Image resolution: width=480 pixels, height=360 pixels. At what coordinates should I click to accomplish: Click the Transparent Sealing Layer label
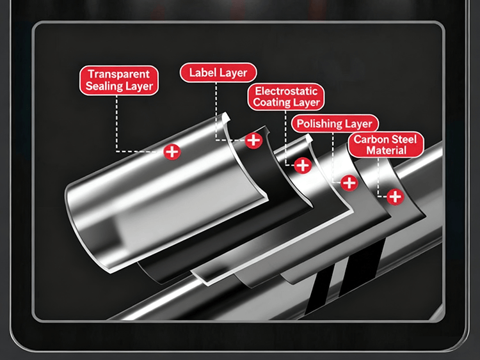118,80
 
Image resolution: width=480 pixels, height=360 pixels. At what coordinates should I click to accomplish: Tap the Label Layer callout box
218,72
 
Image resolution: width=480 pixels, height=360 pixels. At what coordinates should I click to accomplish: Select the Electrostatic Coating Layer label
286,97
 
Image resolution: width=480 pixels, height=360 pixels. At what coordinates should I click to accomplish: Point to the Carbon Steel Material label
386,145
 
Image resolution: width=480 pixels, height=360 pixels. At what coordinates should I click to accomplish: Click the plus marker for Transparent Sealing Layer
172,152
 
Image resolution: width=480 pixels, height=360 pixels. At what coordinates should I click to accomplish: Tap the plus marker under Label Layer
253,140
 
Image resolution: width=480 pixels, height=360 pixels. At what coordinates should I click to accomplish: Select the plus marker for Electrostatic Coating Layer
303,165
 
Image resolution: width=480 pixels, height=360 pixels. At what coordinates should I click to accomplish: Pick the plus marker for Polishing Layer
349,182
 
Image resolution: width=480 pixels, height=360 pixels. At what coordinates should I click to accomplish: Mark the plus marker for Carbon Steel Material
395,196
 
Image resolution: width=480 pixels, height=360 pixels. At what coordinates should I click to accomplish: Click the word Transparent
118,74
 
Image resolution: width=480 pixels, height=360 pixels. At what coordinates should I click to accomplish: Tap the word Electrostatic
286,91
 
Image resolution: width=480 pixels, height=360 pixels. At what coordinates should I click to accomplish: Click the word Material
386,151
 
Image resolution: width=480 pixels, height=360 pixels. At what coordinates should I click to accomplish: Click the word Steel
403,139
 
